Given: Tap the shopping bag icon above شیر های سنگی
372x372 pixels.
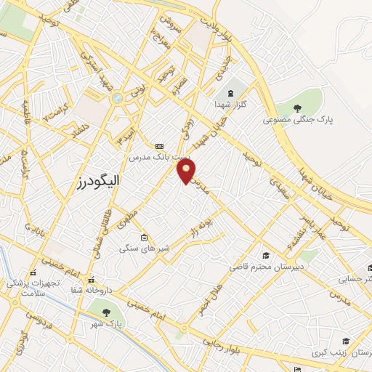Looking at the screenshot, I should (145, 237).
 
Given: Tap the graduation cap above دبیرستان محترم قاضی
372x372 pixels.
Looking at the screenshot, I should (267, 255).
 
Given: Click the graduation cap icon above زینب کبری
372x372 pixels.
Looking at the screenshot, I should (346, 341).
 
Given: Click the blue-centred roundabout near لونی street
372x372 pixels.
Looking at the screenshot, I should (117, 97).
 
